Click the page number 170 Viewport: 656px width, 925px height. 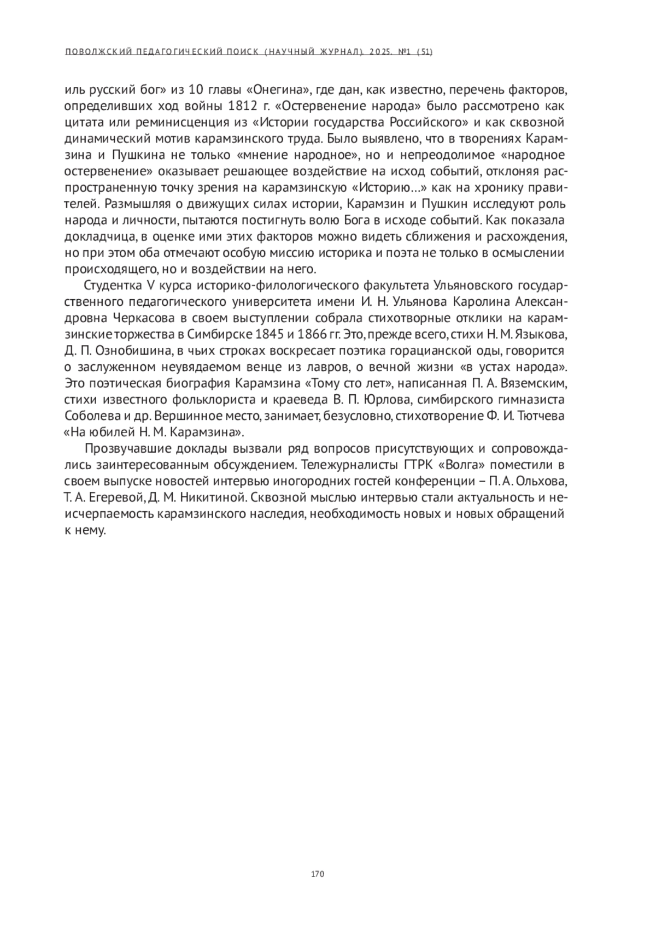point(318,874)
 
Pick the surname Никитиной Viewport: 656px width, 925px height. point(213,497)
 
